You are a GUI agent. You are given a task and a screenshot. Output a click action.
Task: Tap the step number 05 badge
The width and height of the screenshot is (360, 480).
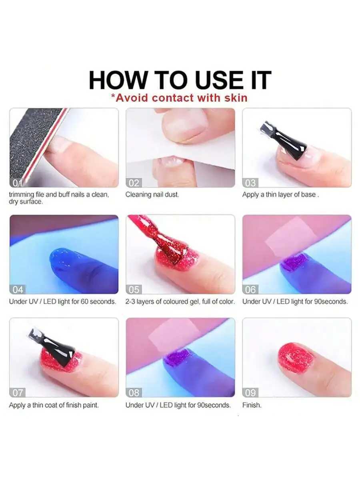click(x=134, y=289)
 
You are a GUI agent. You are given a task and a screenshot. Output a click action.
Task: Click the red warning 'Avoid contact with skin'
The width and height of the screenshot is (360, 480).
click(x=179, y=98)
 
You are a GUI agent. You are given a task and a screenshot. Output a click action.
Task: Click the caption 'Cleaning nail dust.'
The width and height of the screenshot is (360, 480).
click(x=152, y=195)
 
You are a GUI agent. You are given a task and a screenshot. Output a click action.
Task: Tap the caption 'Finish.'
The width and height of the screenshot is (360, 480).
click(x=252, y=405)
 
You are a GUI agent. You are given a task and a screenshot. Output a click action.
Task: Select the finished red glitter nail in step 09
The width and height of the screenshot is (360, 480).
click(x=296, y=357)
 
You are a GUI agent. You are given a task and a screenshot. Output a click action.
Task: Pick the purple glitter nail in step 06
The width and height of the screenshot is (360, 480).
click(x=296, y=262)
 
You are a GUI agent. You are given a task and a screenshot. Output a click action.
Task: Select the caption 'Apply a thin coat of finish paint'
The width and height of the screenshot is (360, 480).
click(x=54, y=405)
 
